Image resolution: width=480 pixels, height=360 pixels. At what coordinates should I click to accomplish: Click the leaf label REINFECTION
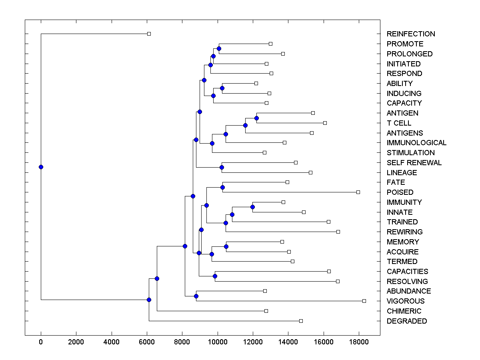click(x=411, y=34)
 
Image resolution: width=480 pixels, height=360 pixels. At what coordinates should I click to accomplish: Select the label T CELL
click(x=399, y=123)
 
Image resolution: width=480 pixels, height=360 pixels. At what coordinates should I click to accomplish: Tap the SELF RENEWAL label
click(x=414, y=163)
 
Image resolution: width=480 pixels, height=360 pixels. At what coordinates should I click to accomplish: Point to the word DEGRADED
click(x=407, y=321)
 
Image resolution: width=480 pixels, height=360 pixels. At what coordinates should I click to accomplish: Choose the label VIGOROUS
click(x=406, y=301)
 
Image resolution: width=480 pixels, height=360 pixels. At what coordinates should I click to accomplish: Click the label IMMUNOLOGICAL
click(x=416, y=143)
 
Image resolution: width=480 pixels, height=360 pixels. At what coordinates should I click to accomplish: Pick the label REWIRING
click(x=404, y=232)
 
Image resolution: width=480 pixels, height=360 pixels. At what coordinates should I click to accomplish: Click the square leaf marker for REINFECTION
click(x=149, y=34)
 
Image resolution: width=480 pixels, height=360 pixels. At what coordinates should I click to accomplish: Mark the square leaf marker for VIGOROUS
click(x=364, y=301)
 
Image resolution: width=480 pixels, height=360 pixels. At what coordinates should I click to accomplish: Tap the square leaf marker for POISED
click(x=358, y=192)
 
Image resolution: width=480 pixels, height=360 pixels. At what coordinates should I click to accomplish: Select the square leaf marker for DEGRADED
click(x=301, y=321)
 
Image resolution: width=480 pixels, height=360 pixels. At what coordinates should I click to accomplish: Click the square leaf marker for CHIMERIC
click(x=266, y=311)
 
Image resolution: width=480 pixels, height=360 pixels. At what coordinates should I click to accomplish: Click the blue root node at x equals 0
click(x=41, y=167)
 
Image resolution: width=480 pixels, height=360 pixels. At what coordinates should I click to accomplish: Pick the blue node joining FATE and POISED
click(x=223, y=187)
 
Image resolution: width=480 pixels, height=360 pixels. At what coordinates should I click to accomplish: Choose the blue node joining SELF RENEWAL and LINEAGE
click(x=222, y=167)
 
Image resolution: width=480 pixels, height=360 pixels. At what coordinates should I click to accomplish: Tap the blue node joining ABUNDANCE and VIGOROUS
click(x=196, y=296)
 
